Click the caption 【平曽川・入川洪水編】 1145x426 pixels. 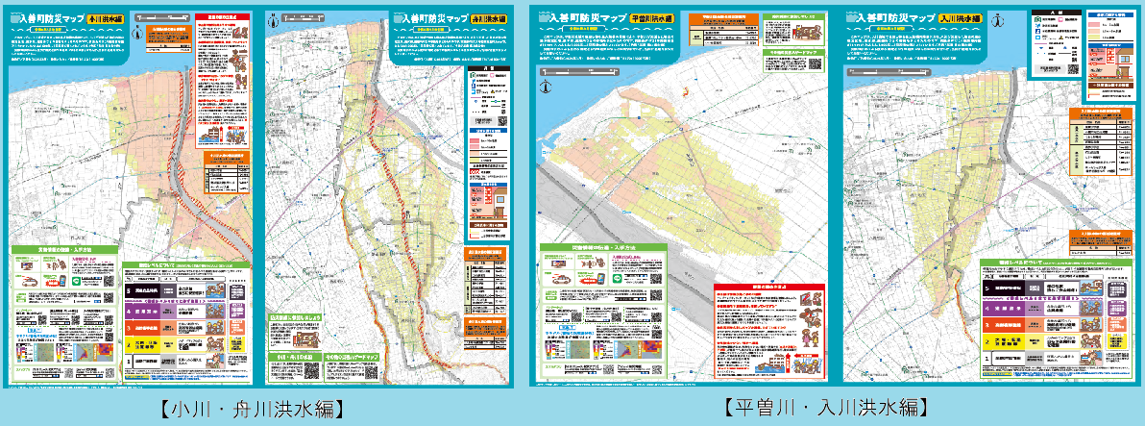tap(825, 407)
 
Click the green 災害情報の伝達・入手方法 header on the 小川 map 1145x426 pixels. tap(62, 247)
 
